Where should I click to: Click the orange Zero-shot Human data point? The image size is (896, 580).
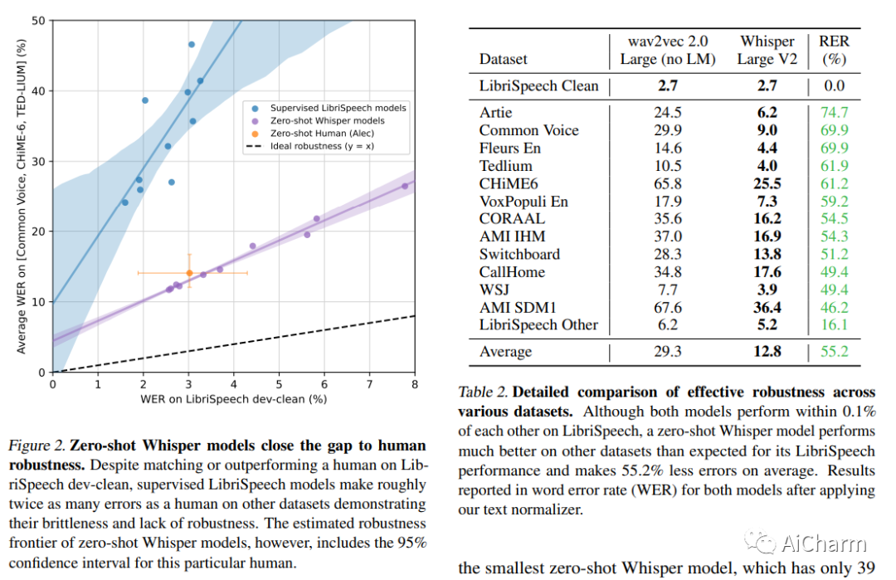(189, 272)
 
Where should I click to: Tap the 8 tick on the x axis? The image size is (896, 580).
(414, 385)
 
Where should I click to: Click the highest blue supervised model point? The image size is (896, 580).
(192, 44)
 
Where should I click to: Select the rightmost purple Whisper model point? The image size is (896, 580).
(405, 186)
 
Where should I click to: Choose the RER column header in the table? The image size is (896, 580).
(833, 50)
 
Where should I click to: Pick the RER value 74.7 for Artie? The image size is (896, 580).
(833, 112)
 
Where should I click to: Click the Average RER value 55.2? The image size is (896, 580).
(833, 352)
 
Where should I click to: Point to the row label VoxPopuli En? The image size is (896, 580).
(523, 201)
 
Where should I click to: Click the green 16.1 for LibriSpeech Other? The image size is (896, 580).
(833, 324)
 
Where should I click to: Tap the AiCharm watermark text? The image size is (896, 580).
(823, 543)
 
